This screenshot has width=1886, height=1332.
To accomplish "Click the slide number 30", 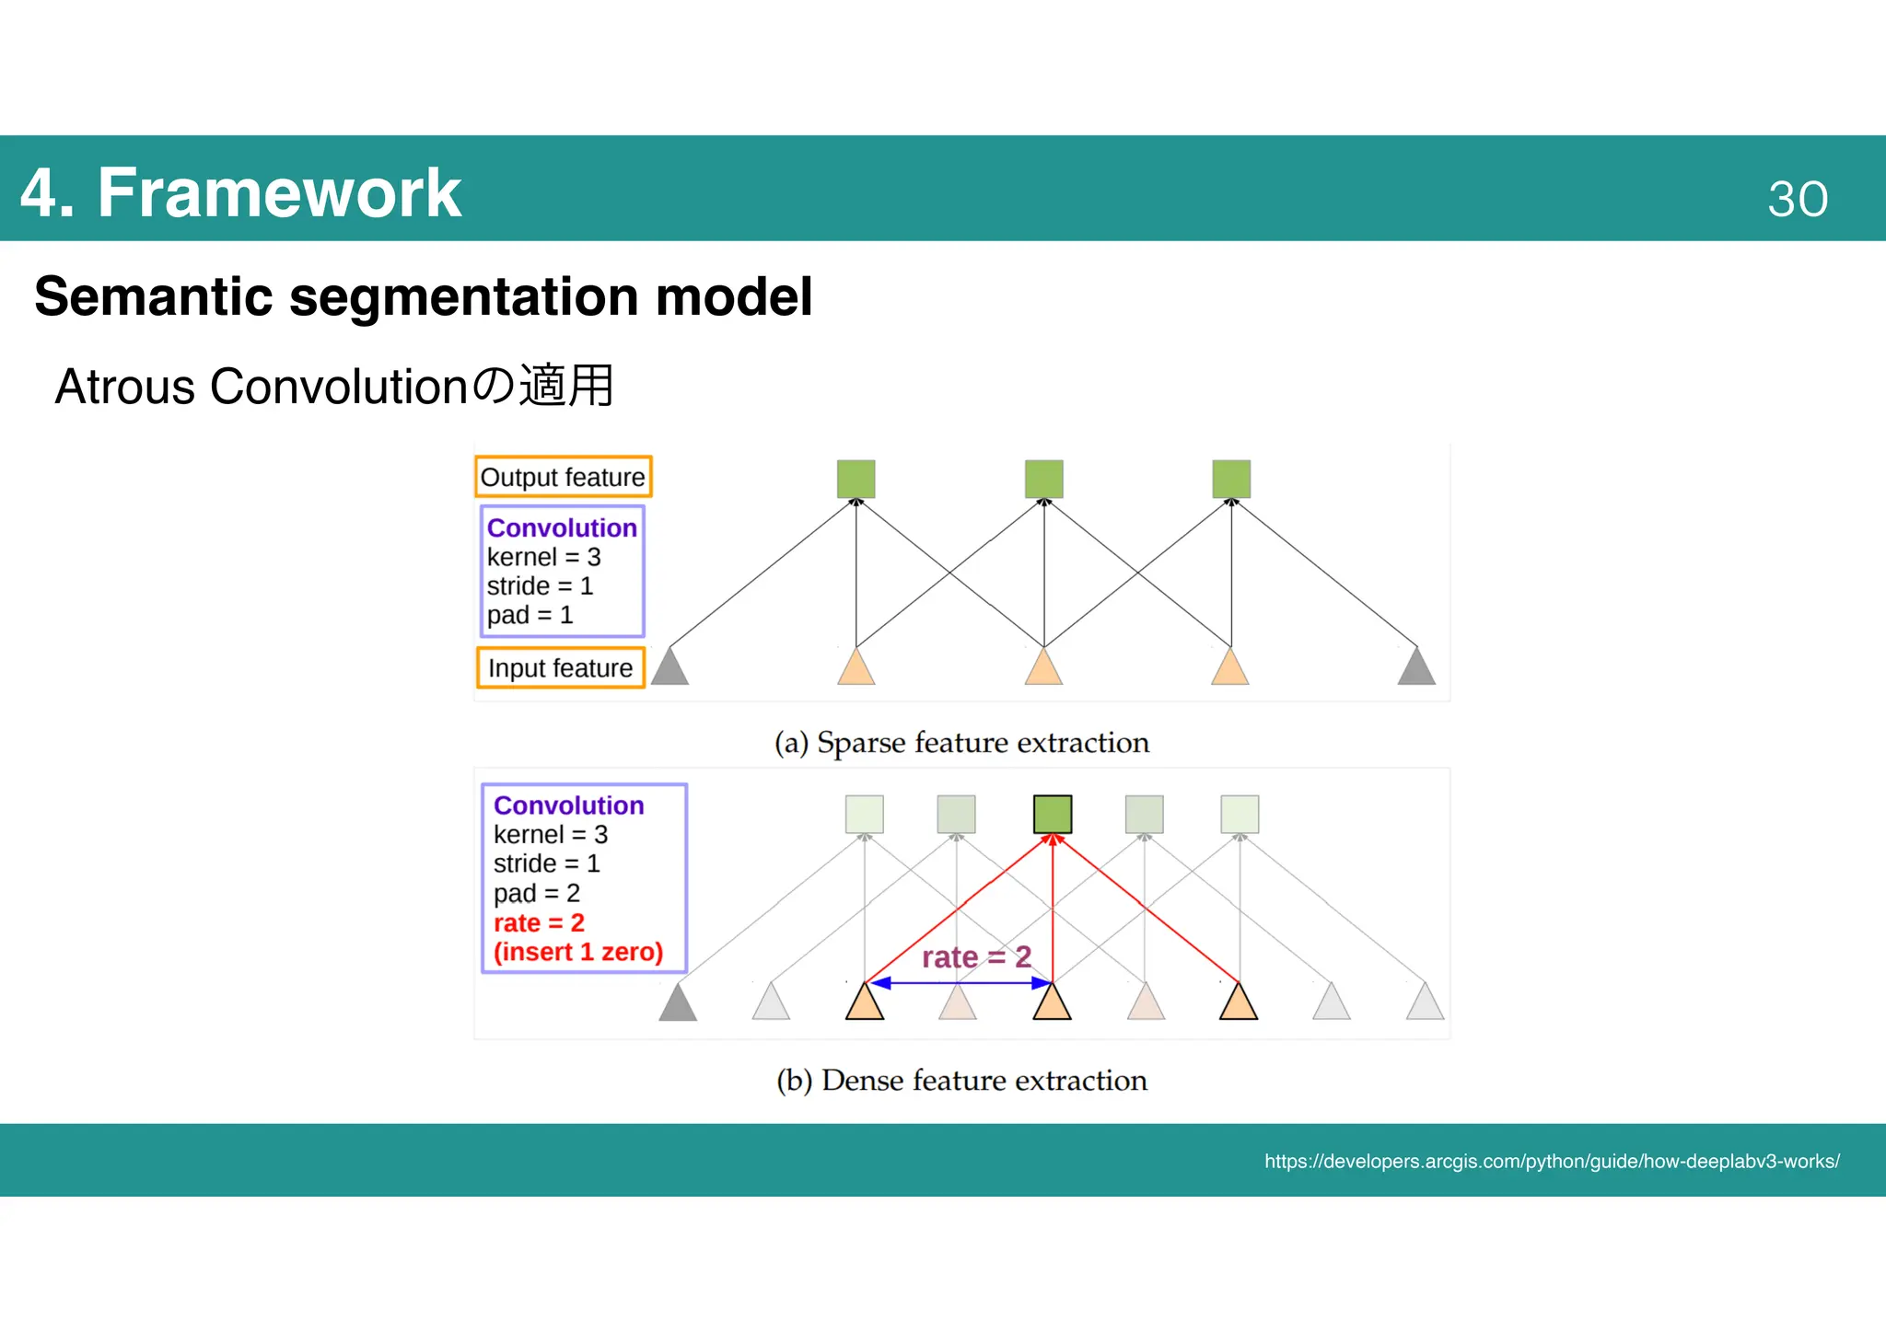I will point(1797,199).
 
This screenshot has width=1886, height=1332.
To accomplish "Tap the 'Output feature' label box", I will point(563,477).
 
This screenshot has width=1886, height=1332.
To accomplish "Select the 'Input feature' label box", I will point(560,667).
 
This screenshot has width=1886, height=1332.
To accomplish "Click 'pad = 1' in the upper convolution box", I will point(530,615).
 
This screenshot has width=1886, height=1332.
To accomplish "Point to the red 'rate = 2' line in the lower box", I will point(539,922).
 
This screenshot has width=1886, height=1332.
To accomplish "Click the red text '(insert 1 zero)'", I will point(577,952).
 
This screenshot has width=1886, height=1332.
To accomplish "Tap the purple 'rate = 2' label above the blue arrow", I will point(976,957).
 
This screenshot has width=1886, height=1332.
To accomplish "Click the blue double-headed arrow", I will point(958,983).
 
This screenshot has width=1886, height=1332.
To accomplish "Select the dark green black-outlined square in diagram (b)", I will point(1052,814).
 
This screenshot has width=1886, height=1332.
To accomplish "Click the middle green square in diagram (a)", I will point(1043,480).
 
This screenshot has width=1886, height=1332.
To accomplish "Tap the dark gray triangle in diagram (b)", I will point(678,1003).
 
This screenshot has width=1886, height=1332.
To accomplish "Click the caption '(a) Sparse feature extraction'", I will point(961,742).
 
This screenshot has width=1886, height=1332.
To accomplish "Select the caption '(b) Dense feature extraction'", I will point(961,1080).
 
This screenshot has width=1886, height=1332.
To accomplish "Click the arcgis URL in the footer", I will point(1551,1162).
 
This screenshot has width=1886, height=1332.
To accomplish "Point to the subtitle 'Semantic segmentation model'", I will point(423,296).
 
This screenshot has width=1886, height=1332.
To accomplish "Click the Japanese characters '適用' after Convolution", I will point(566,386).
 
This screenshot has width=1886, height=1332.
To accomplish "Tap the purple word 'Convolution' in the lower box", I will point(568,805).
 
